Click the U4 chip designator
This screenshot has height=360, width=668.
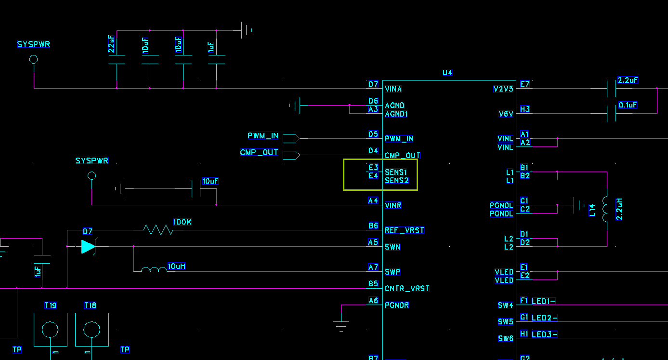click(x=447, y=73)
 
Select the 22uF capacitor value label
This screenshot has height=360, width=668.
click(x=111, y=44)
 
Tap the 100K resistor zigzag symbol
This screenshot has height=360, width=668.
click(x=158, y=230)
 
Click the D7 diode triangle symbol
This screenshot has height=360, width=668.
click(x=88, y=247)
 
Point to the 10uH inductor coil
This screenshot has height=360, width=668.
click(x=154, y=269)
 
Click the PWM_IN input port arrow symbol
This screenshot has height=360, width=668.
click(x=291, y=138)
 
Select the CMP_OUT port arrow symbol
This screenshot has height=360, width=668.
click(x=291, y=155)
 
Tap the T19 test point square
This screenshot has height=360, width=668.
click(x=51, y=330)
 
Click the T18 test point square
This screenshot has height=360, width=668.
click(x=92, y=330)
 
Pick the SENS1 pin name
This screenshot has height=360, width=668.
click(x=396, y=172)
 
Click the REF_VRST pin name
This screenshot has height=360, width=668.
click(x=404, y=230)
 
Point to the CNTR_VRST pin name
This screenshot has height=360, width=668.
click(x=407, y=288)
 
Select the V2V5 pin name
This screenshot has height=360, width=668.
click(x=503, y=89)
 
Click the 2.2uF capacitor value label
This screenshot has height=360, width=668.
click(x=628, y=80)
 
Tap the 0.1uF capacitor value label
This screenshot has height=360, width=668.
click(x=628, y=105)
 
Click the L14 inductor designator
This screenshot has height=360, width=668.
click(x=592, y=210)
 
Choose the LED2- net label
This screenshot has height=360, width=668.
click(x=544, y=318)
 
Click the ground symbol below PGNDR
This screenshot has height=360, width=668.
click(x=341, y=326)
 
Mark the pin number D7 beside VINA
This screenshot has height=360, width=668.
click(x=373, y=84)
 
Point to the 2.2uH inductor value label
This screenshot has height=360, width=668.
click(x=619, y=209)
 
